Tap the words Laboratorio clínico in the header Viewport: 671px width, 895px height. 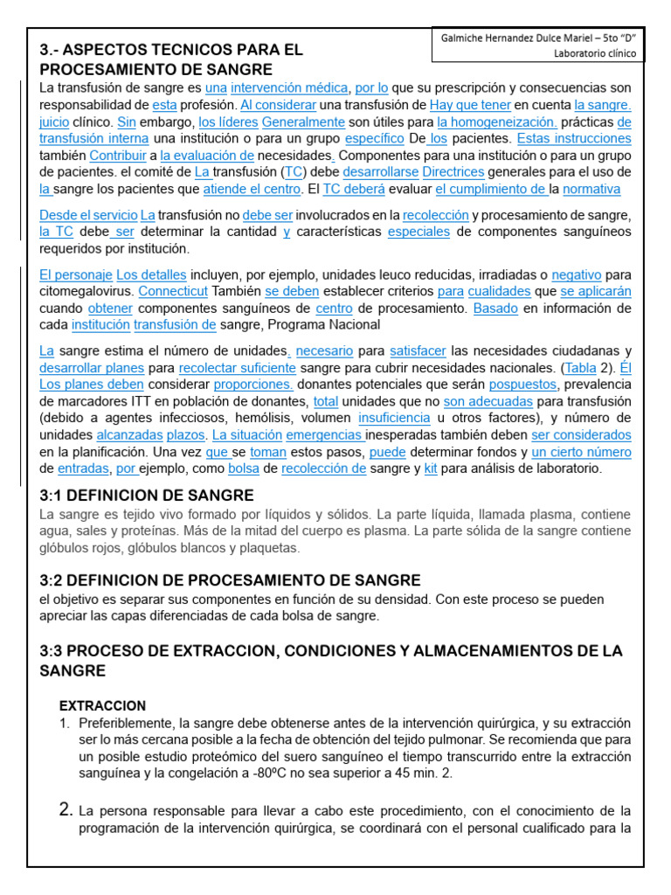coord(595,53)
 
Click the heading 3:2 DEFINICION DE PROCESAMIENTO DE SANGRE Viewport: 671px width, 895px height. coord(231,580)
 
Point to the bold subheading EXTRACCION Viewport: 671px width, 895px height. coord(102,705)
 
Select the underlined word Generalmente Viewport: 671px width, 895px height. coord(303,122)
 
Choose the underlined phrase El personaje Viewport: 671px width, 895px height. coord(76,274)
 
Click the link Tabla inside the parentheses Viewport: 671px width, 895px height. coord(582,368)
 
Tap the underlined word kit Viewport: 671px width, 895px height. coord(430,468)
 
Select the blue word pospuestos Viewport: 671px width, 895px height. coord(522,385)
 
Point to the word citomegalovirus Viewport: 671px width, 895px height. coord(86,291)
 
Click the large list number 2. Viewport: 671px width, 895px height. coord(65,809)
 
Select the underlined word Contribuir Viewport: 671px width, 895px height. coord(118,156)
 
